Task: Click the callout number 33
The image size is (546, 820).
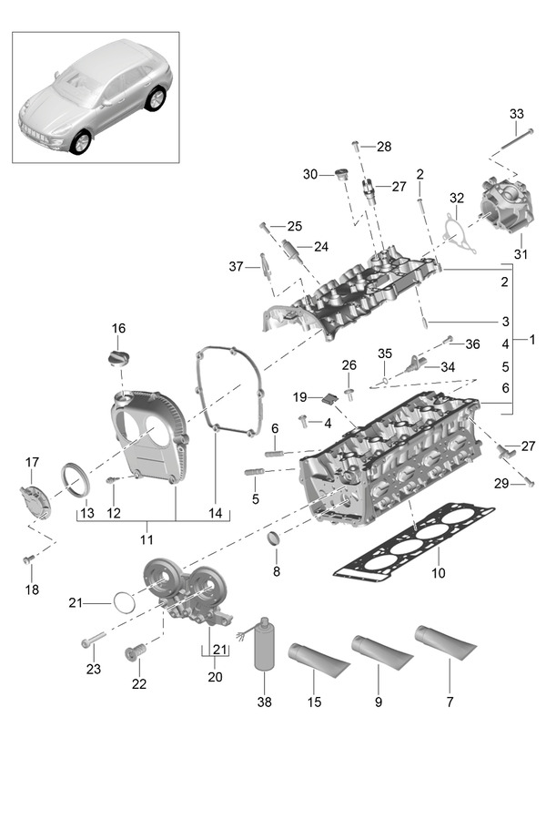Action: tap(516, 114)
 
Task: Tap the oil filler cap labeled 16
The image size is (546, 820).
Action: tap(118, 359)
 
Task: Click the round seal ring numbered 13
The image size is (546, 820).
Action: tap(76, 478)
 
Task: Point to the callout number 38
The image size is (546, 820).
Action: tap(265, 702)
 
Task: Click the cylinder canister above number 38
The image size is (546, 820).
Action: tap(265, 644)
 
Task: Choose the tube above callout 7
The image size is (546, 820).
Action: tap(446, 642)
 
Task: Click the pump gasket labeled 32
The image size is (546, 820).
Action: tap(459, 235)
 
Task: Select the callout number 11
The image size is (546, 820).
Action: tap(147, 539)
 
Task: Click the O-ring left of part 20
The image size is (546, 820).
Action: tap(124, 602)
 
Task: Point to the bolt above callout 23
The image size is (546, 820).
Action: tap(94, 639)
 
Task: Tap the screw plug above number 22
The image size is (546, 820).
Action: tap(136, 651)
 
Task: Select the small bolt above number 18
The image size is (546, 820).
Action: tap(27, 560)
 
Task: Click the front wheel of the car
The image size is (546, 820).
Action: tap(80, 142)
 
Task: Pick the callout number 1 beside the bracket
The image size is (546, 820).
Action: tap(531, 340)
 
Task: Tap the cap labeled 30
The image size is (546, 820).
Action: tap(343, 174)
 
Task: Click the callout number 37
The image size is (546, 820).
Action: tap(237, 267)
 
